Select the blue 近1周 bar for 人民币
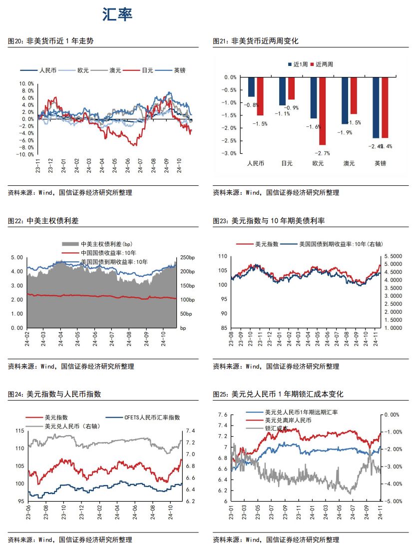[251, 87]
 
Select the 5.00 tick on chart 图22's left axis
[17, 257]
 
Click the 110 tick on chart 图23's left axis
[222, 256]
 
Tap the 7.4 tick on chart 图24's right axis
[190, 431]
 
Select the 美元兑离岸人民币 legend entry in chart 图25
[288, 421]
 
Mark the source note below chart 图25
[276, 540]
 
